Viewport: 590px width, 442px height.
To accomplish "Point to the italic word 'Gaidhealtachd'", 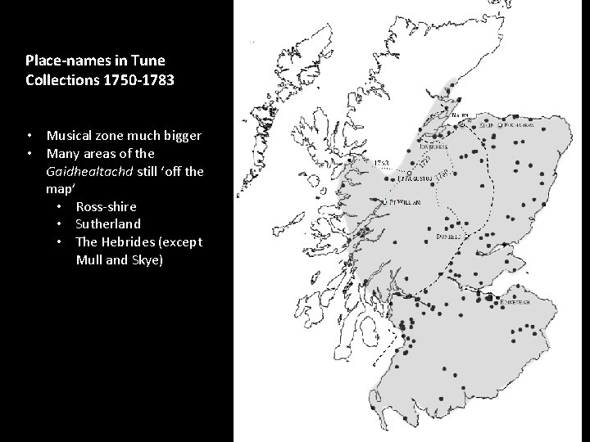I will pos(85,170).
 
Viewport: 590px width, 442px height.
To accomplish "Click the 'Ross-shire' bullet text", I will pos(106,206).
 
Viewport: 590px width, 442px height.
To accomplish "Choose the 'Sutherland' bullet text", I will pos(108,223).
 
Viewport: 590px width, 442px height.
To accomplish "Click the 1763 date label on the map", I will pos(381,163).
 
